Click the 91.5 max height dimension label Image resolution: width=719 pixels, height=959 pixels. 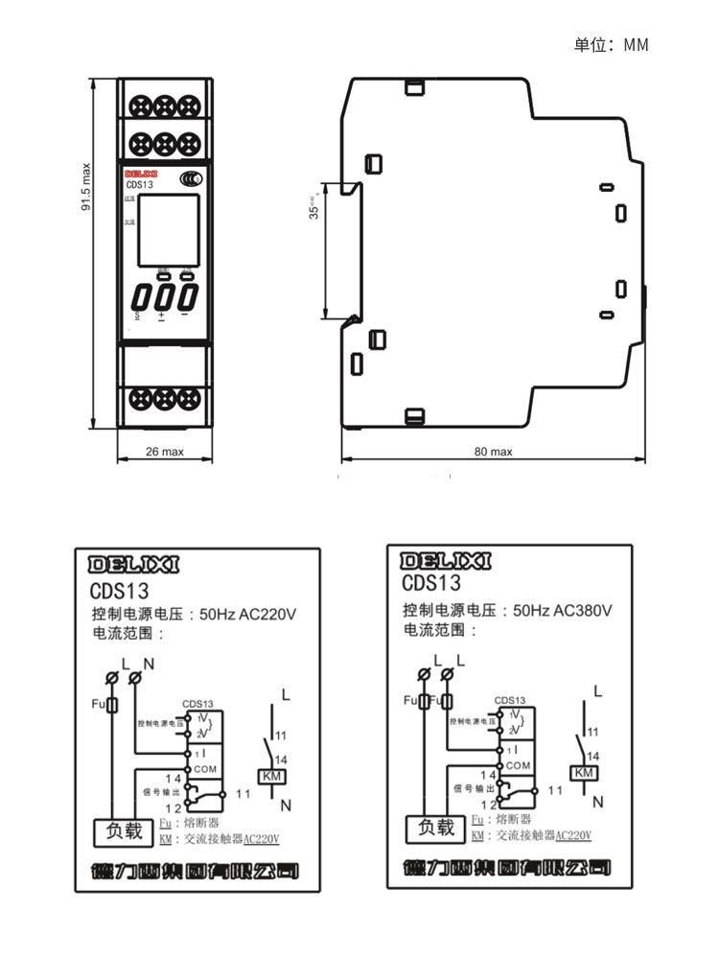click(85, 187)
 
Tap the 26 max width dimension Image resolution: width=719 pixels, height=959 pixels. click(164, 451)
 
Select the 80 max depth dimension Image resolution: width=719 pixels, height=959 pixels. click(494, 451)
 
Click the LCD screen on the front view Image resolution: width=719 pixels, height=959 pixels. click(167, 230)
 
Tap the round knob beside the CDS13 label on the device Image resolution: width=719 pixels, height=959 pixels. click(191, 178)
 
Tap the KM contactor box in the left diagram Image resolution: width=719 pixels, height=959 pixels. click(271, 776)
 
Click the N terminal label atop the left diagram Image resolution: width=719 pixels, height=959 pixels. click(148, 664)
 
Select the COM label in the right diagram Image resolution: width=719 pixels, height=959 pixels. click(517, 765)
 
